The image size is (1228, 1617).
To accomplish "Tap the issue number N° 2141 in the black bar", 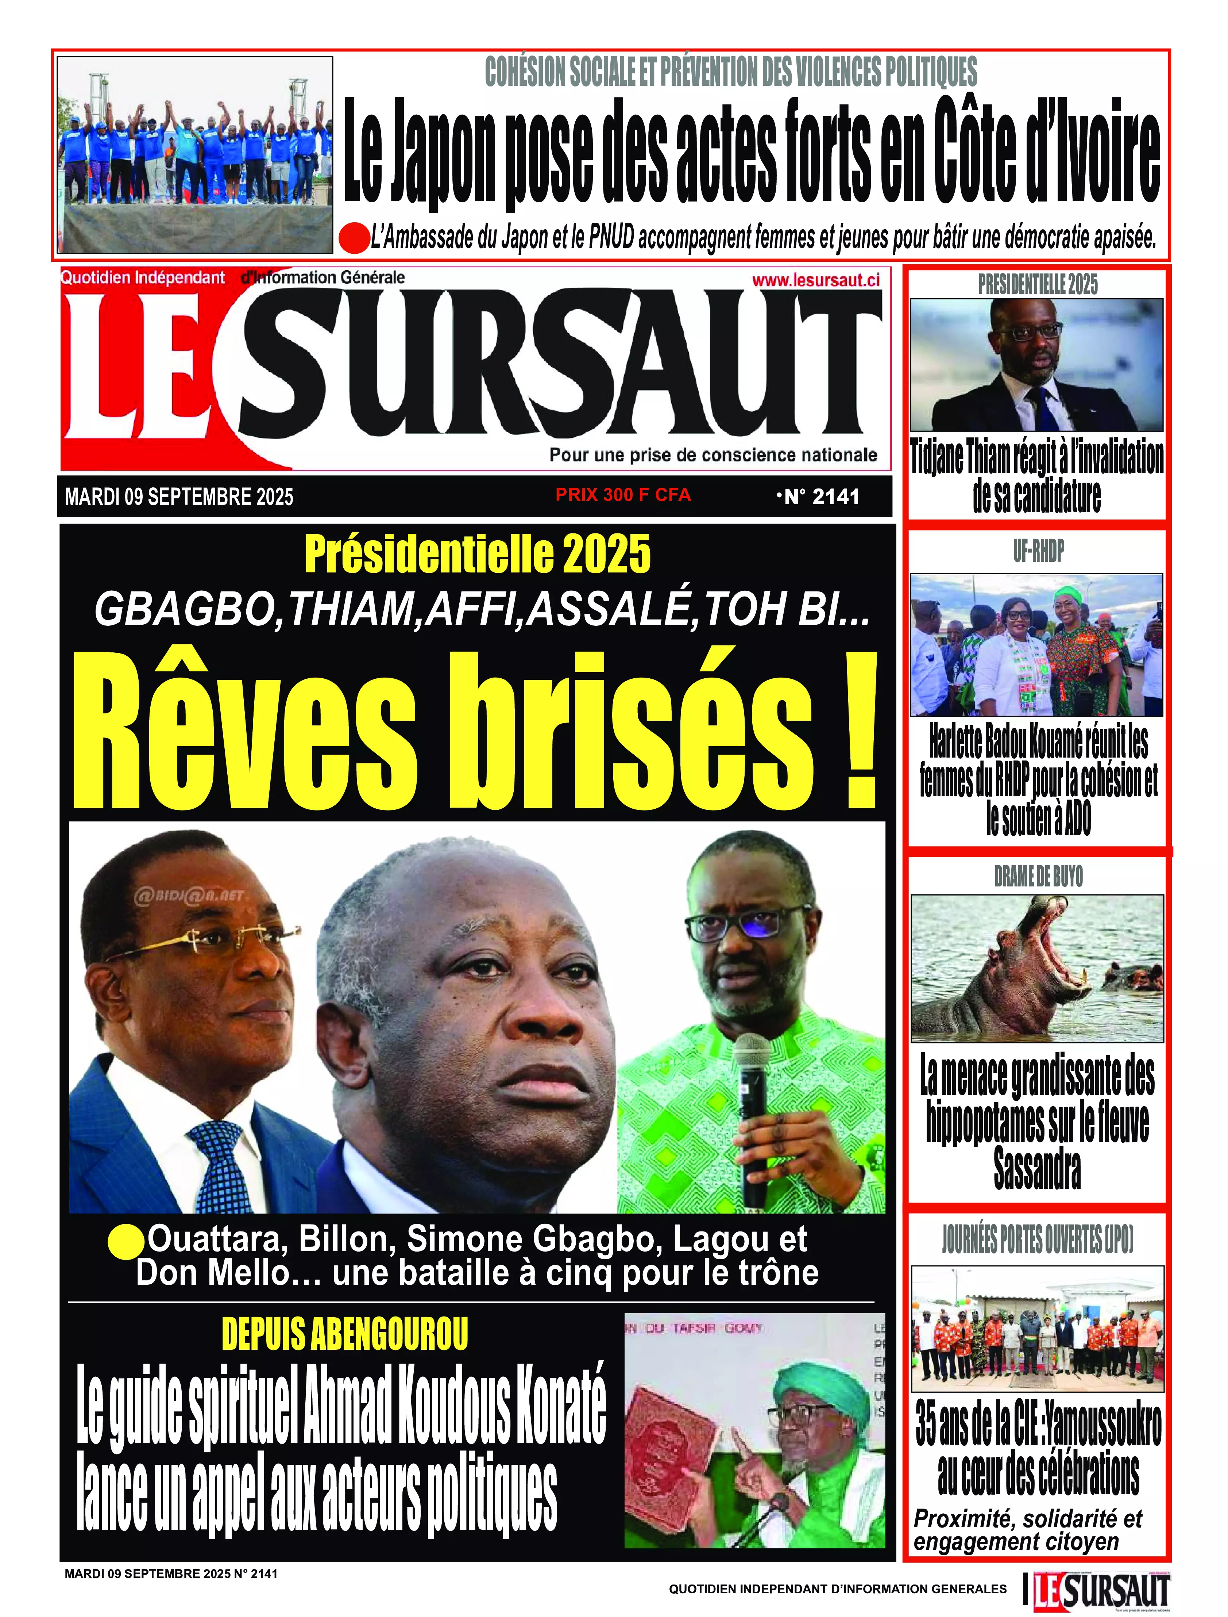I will (819, 497).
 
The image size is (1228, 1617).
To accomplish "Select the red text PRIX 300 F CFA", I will (623, 495).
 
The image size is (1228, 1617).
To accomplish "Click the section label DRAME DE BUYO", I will (1038, 876).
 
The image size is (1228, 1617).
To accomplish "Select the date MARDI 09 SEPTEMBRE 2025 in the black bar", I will (179, 497).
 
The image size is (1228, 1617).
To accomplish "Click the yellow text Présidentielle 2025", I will (477, 555).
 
